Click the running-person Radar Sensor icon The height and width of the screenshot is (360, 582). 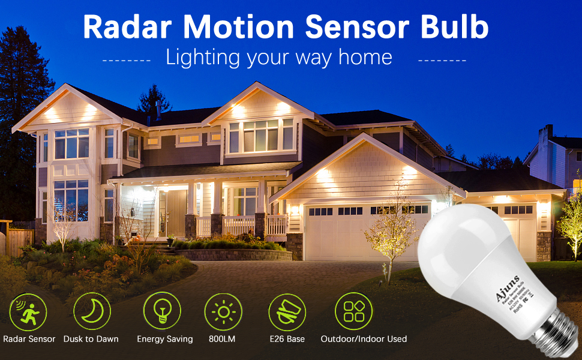tap(28, 312)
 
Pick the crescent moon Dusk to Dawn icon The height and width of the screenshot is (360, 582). tap(92, 311)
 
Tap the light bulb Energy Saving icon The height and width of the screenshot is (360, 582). tap(162, 311)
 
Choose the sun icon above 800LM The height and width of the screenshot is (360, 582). tap(223, 311)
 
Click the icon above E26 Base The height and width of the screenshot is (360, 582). tap(287, 311)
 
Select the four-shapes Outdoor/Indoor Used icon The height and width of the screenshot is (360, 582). tap(353, 311)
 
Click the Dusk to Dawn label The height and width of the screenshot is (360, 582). tap(91, 339)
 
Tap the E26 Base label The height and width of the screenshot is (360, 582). tap(287, 339)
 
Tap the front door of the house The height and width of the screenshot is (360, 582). tap(176, 213)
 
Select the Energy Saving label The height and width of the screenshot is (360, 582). tap(165, 339)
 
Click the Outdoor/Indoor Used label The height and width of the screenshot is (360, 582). tap(364, 339)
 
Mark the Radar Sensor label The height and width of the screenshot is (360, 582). tap(29, 339)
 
